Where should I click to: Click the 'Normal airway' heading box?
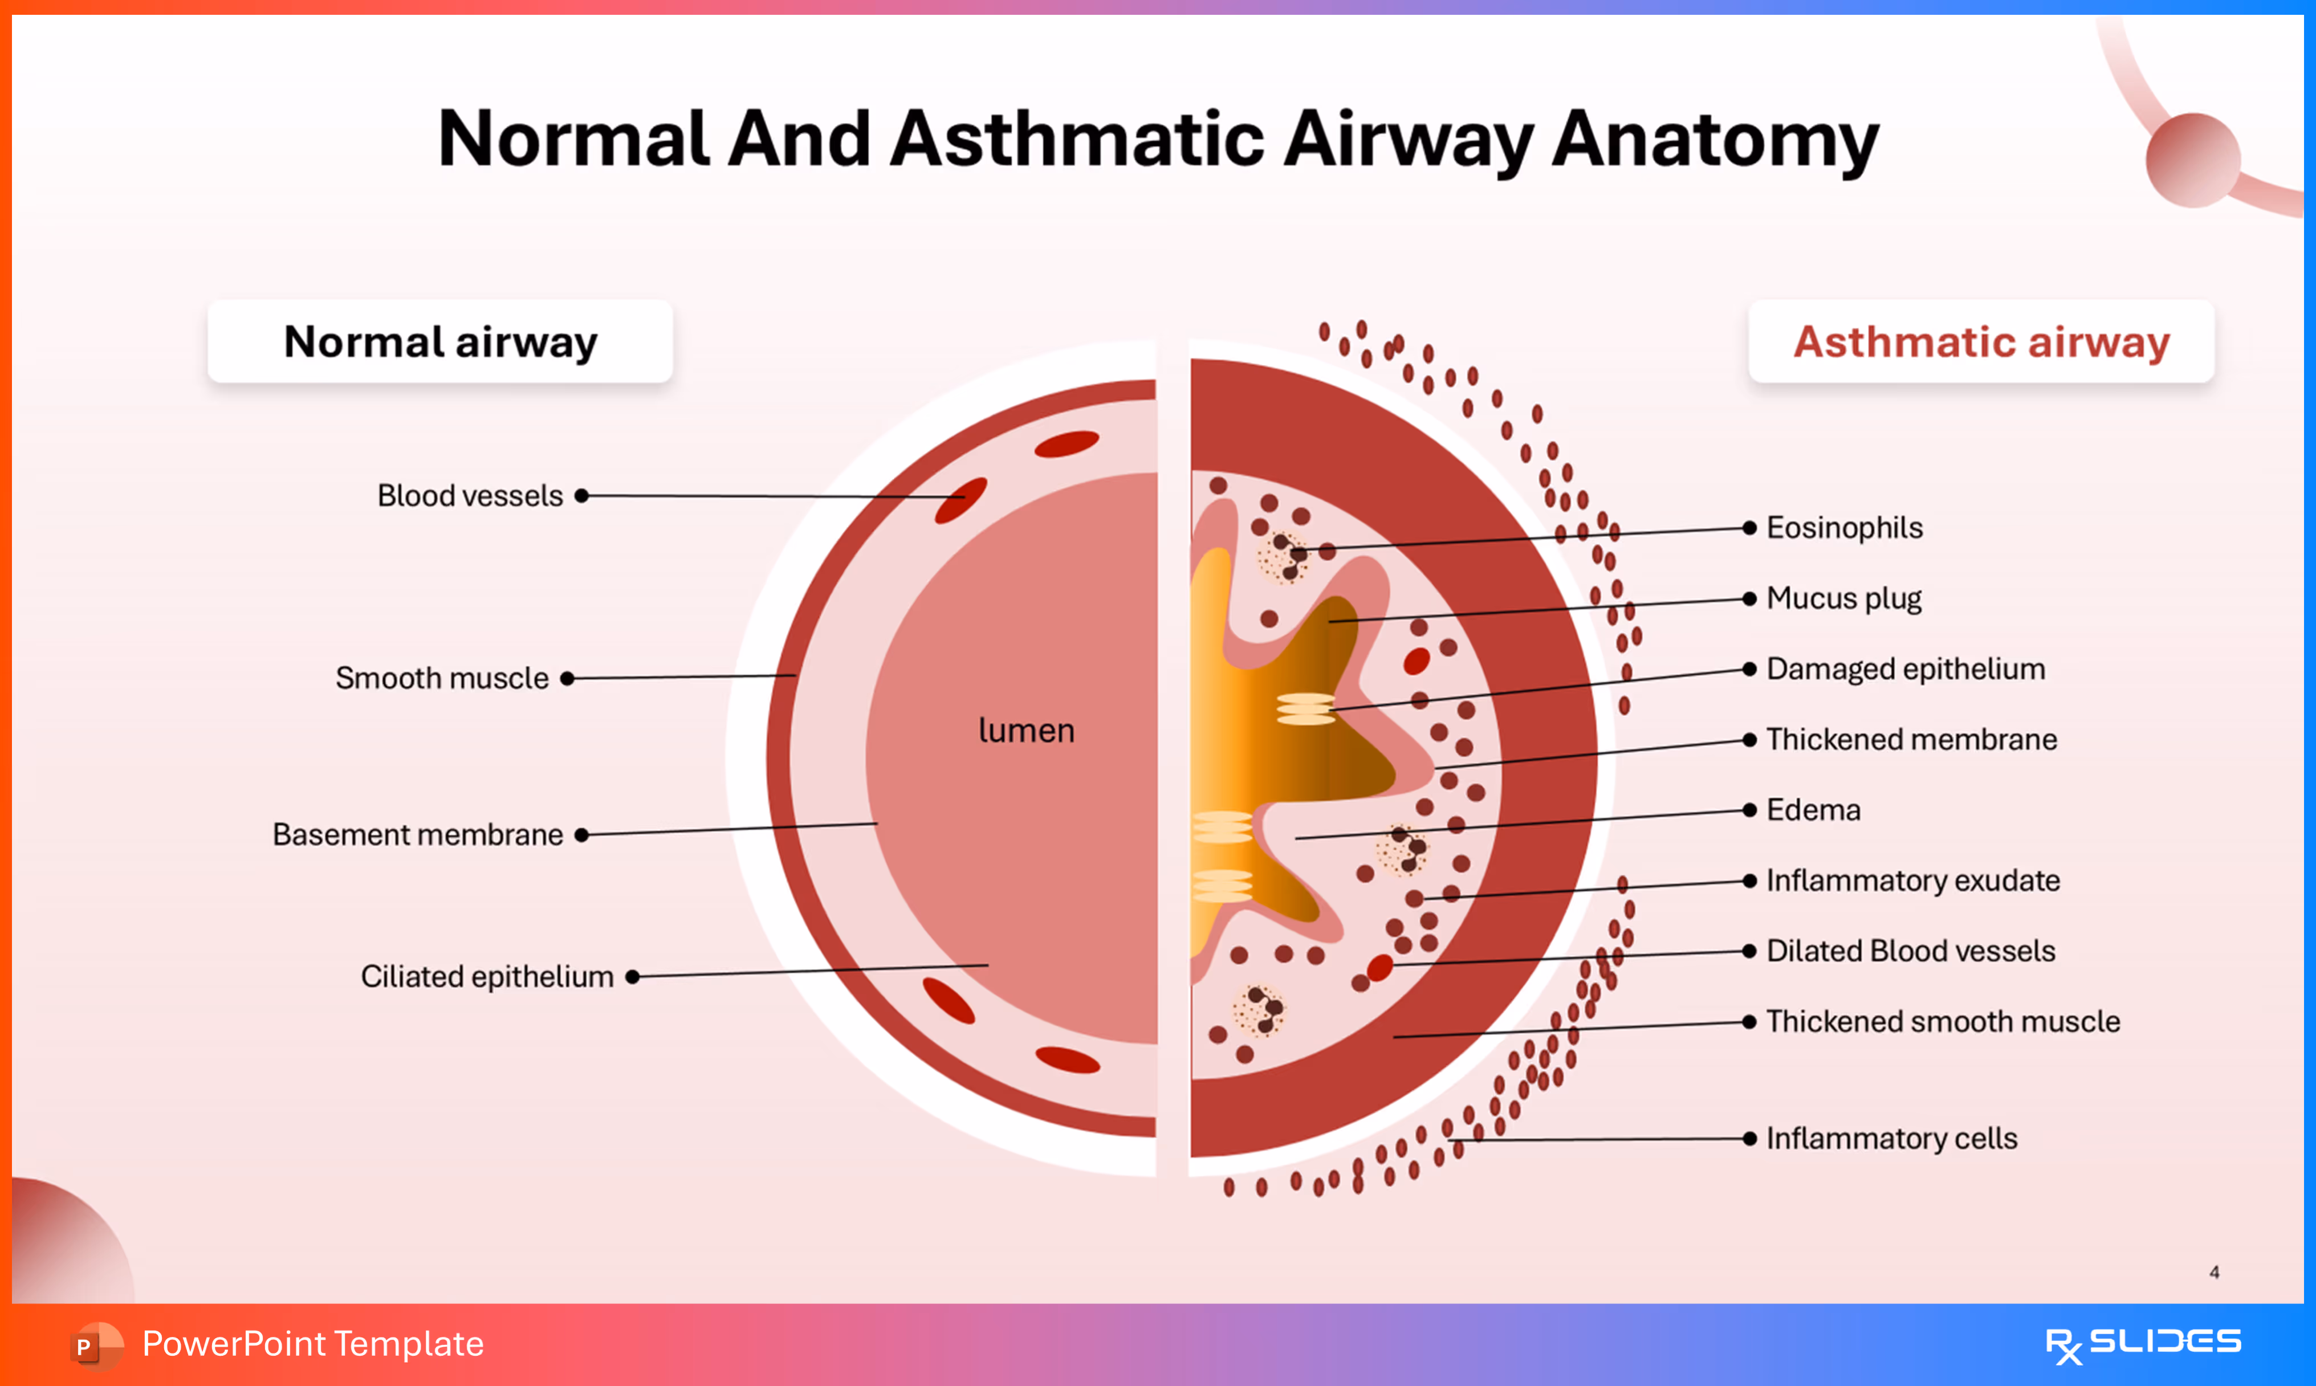[x=440, y=342]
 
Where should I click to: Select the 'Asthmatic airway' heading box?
[x=1981, y=342]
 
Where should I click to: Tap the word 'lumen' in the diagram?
[x=1026, y=731]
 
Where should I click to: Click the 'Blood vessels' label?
[x=470, y=496]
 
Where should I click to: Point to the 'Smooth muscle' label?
[x=442, y=678]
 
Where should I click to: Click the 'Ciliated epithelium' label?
[x=487, y=977]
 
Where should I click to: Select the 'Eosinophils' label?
[x=1845, y=528]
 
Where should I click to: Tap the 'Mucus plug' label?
[x=1843, y=598]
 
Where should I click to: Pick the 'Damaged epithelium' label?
[x=1905, y=668]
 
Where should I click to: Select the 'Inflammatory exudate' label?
[x=1912, y=880]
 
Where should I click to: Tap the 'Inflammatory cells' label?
[x=1892, y=1139]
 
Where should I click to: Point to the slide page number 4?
[x=2214, y=1272]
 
